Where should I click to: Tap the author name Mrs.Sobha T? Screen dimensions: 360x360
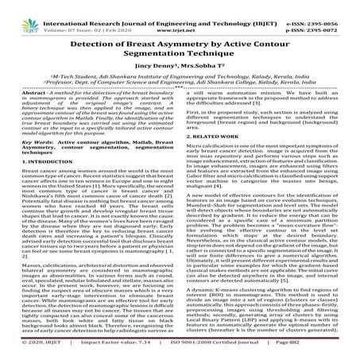click(205, 72)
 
